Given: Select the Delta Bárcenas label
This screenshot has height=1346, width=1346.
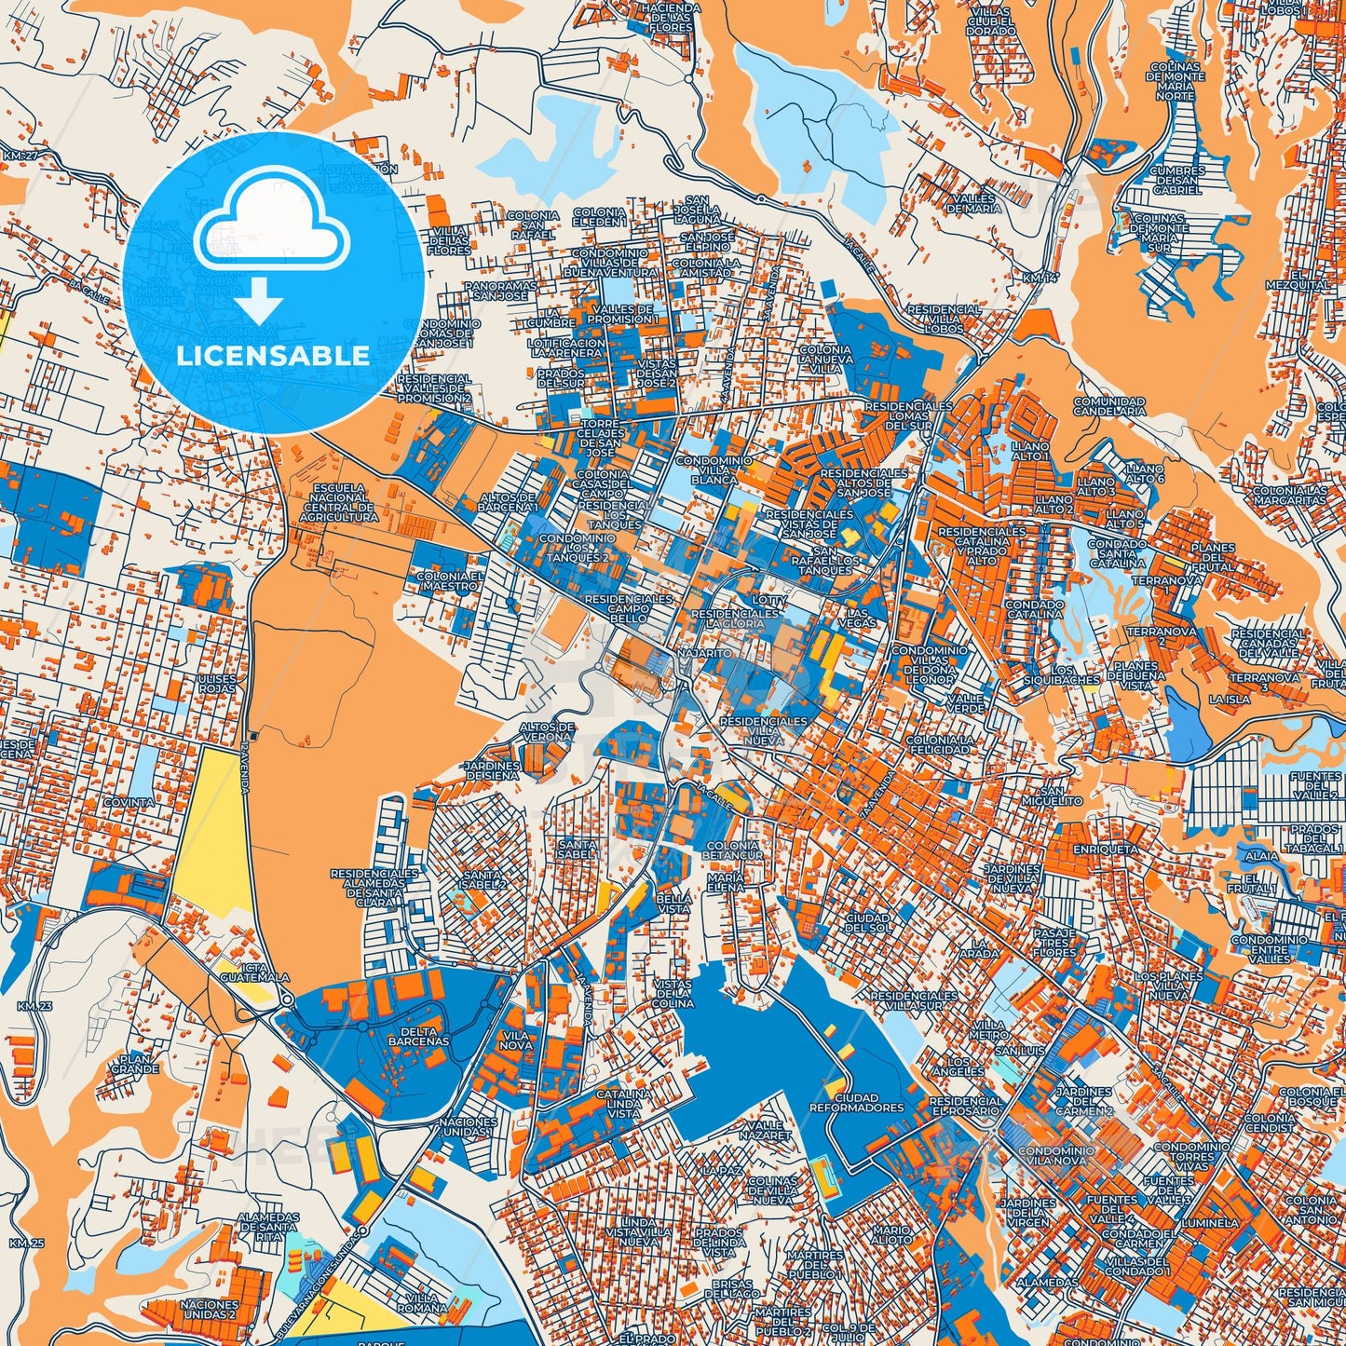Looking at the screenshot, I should point(418,1035).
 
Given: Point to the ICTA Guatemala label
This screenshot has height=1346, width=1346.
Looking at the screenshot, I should point(254,973).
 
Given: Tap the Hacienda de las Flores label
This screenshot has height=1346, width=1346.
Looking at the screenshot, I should point(668,16).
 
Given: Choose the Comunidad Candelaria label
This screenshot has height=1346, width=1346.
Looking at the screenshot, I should point(1108,405).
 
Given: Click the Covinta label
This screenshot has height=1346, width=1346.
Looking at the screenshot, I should point(129,802).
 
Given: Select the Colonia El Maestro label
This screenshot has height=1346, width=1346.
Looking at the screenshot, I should point(450,582).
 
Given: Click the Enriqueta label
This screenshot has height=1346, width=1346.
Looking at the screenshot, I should point(1106,850).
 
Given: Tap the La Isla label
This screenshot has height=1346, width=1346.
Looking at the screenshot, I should point(1229,699).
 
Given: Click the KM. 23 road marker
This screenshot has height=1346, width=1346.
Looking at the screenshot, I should point(31,1006).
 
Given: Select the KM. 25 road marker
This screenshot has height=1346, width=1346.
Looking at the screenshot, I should point(27,1243).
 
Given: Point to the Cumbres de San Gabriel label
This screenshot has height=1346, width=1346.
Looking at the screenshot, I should point(1176,180).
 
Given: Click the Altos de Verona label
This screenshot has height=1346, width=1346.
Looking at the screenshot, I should point(546,731).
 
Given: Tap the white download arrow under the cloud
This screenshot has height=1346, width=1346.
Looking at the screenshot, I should point(259,299).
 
